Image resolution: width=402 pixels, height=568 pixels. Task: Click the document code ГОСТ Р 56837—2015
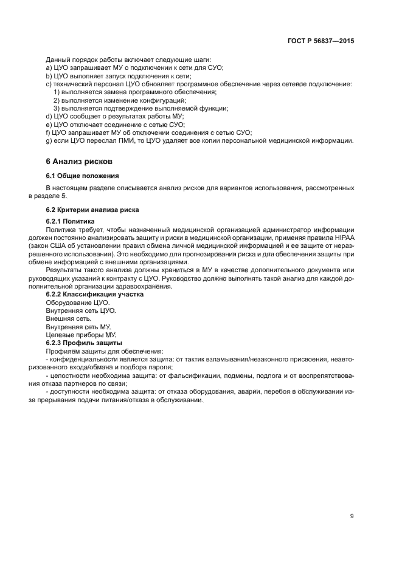click(x=321, y=41)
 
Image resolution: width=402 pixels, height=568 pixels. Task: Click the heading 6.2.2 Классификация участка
click(x=95, y=294)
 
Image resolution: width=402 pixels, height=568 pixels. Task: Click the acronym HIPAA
click(x=343, y=238)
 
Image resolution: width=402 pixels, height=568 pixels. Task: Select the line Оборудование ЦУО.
click(x=78, y=303)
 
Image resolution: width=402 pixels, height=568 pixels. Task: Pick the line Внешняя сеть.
click(x=69, y=319)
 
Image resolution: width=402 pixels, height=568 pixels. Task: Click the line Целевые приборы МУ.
click(x=81, y=335)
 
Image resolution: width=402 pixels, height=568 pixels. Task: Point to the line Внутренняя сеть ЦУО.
click(x=81, y=310)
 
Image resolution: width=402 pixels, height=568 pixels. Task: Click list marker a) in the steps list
click(x=49, y=68)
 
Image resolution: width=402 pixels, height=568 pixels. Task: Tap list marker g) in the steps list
click(x=49, y=140)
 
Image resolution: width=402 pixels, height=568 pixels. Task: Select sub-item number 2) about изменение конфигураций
click(x=56, y=100)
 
